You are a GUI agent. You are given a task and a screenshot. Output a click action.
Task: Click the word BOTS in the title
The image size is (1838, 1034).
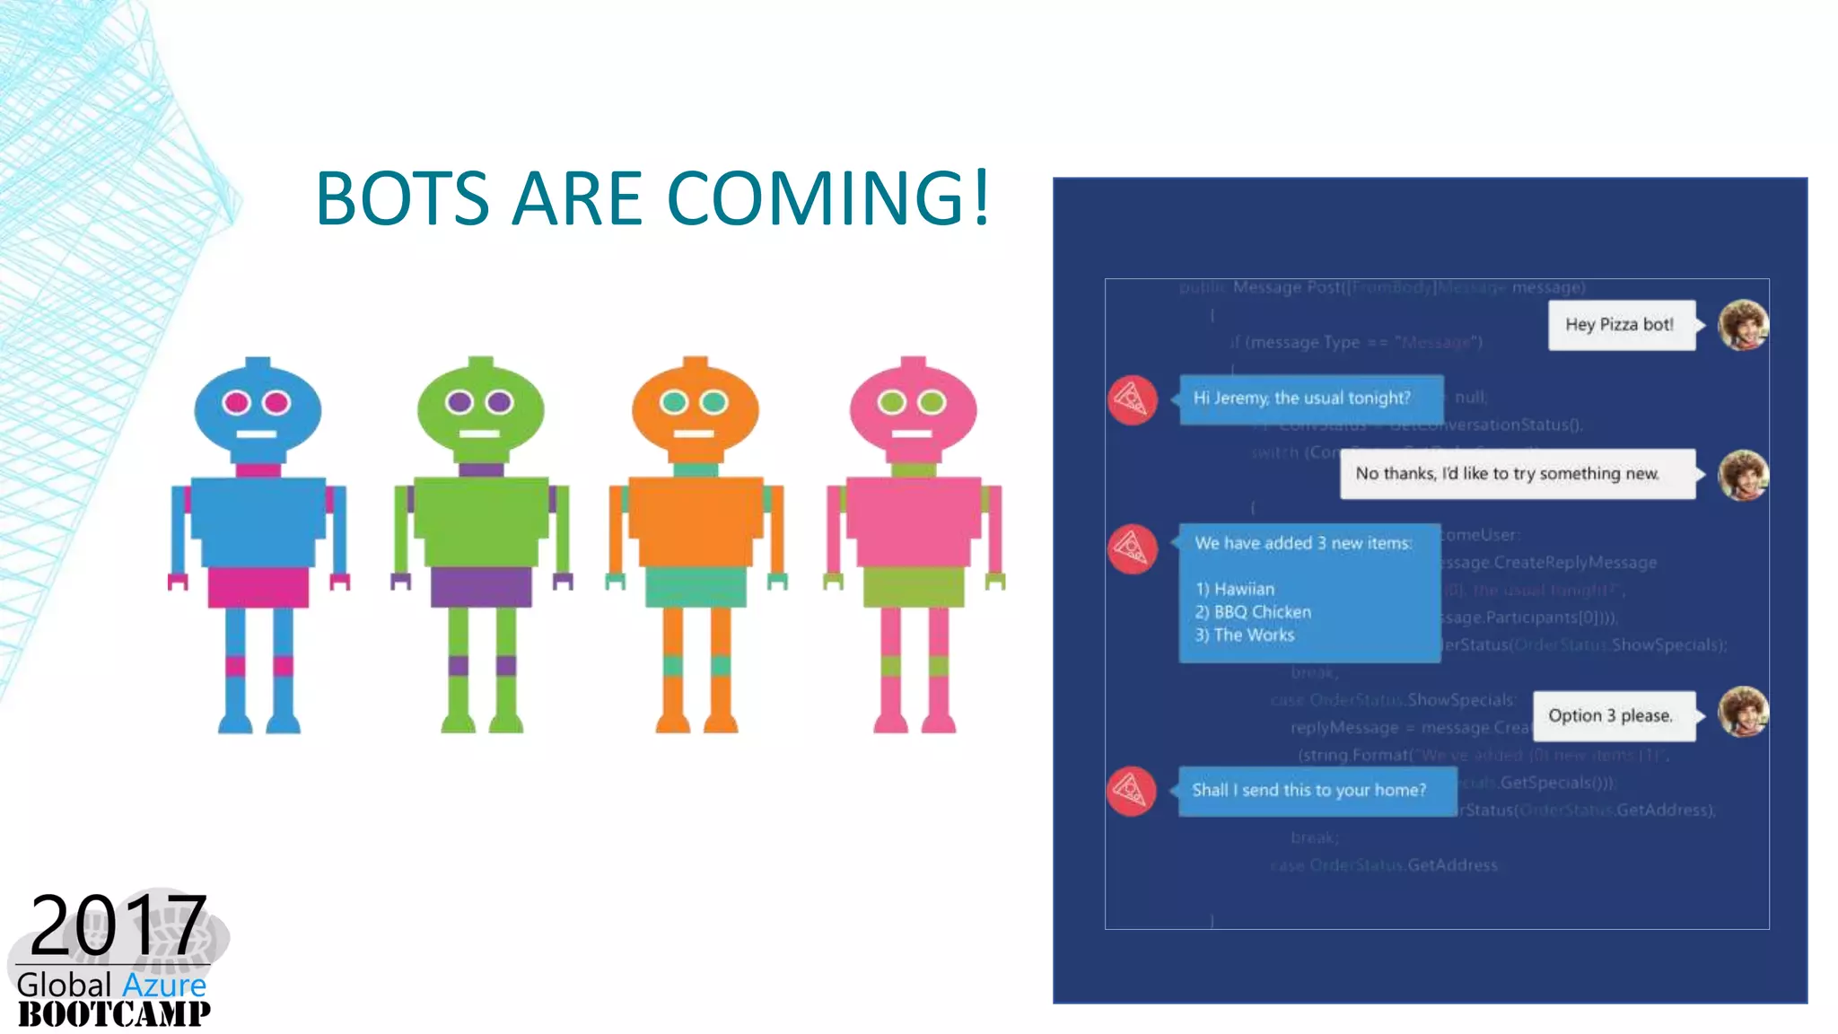click(x=402, y=198)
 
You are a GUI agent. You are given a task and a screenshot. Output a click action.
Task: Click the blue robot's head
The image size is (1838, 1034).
click(x=258, y=408)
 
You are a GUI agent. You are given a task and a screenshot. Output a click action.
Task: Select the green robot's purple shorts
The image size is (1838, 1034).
click(x=481, y=586)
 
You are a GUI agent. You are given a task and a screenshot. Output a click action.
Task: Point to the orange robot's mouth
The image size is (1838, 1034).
click(x=694, y=434)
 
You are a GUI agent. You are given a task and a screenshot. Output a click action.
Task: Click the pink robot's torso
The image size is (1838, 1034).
click(x=914, y=521)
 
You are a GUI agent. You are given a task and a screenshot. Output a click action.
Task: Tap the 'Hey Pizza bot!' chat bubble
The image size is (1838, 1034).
click(x=1621, y=325)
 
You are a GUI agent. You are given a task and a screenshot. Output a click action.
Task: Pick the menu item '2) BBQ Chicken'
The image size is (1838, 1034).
click(x=1253, y=612)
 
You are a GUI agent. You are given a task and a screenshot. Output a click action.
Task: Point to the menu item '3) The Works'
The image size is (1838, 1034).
click(x=1245, y=635)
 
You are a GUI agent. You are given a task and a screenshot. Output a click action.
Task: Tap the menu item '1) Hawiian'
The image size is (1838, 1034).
click(x=1235, y=589)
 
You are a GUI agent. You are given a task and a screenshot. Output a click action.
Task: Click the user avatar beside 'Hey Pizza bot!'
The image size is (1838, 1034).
click(x=1742, y=325)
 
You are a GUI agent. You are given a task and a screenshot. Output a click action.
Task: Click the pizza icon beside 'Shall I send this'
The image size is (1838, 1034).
click(x=1132, y=791)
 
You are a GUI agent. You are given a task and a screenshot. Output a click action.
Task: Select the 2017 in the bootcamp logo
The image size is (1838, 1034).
click(x=118, y=924)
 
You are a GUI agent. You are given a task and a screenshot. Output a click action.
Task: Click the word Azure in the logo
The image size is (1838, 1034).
click(x=164, y=986)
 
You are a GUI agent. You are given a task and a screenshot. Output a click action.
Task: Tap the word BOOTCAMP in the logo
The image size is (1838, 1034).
click(x=114, y=1014)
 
